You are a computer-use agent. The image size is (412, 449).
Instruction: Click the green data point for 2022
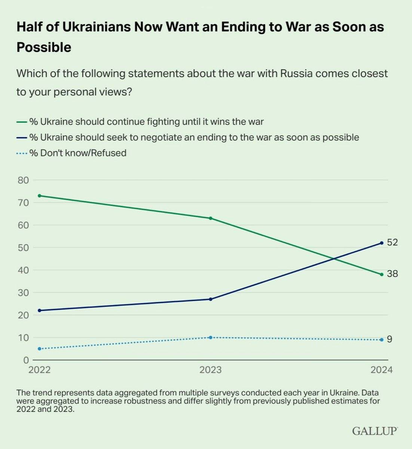[40, 196]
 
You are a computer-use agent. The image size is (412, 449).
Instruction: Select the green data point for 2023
[210, 218]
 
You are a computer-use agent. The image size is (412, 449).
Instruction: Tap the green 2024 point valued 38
[382, 274]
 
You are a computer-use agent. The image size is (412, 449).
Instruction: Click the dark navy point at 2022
[40, 311]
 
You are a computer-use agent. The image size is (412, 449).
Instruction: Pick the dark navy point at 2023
[210, 299]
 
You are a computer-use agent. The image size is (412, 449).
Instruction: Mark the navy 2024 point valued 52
[382, 243]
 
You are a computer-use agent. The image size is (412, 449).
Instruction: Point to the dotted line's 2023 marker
[210, 337]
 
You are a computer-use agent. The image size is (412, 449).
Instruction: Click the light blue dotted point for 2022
[40, 349]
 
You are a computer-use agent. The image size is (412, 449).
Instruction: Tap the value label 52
[392, 242]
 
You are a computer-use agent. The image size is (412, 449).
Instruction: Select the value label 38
[392, 274]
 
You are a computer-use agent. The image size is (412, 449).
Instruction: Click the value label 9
[390, 339]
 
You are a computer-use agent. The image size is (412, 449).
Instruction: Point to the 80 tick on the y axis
[23, 180]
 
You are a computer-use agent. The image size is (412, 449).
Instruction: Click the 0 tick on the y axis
[26, 360]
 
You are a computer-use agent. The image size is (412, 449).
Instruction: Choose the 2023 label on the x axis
[210, 370]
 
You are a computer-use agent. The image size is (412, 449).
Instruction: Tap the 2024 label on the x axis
[382, 370]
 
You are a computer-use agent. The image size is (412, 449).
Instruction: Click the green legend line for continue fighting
[22, 122]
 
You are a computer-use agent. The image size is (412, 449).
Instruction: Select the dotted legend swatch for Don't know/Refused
[22, 153]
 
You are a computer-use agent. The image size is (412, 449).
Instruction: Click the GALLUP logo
[375, 431]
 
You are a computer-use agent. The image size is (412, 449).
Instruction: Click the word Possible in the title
[44, 48]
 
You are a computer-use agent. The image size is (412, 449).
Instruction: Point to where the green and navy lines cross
[334, 259]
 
